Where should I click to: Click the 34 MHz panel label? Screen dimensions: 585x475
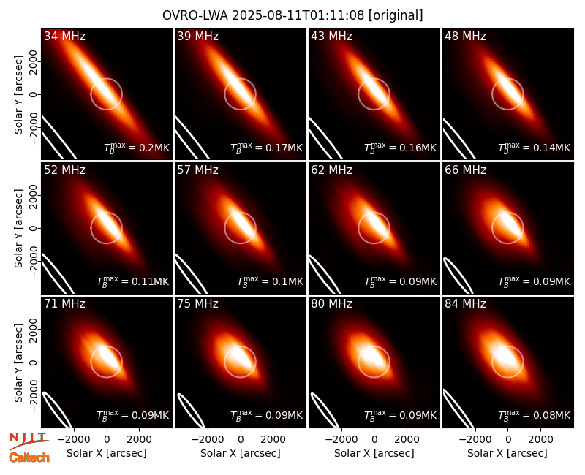coord(64,36)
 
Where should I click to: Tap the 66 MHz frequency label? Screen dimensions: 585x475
coord(465,170)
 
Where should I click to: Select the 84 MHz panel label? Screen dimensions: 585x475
coord(465,304)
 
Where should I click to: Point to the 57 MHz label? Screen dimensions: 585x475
coord(197,170)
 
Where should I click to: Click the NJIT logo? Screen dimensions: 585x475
coord(29,440)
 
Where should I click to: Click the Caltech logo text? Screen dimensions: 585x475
coord(29,457)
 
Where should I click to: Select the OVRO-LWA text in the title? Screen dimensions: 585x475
coord(195,15)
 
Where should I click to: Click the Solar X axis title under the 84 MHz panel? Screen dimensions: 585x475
coord(507,453)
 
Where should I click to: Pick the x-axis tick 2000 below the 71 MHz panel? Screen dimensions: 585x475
coord(139,440)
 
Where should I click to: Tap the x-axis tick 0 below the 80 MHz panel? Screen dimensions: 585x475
coord(374,440)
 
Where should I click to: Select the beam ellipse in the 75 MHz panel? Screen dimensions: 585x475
coord(190,410)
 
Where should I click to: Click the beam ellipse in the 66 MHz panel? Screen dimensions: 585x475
coord(458,275)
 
